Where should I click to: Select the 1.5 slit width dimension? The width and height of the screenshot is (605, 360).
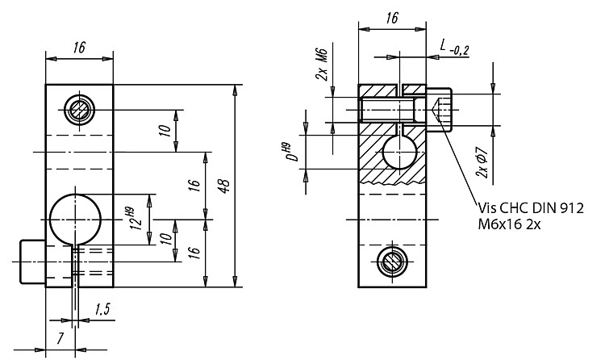(x=102, y=309)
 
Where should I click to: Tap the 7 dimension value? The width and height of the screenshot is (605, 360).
(x=60, y=338)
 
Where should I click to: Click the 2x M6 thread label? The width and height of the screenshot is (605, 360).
(x=321, y=65)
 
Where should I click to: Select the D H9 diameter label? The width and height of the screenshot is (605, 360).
(x=293, y=153)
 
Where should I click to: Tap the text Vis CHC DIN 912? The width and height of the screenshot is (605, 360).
(x=531, y=208)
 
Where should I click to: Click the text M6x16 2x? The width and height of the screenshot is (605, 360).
(x=509, y=224)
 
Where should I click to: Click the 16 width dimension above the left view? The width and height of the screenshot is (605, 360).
(x=79, y=48)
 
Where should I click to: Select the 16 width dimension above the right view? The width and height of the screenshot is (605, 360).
(x=391, y=18)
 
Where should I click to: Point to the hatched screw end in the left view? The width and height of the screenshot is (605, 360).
(x=80, y=110)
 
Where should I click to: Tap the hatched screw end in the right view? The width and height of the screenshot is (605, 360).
(x=391, y=262)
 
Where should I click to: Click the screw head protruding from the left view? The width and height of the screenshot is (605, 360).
(x=32, y=262)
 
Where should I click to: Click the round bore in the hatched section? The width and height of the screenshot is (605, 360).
(x=399, y=153)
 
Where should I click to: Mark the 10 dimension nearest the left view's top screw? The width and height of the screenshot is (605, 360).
(x=165, y=131)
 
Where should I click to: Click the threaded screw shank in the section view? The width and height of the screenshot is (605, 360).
(x=387, y=110)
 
